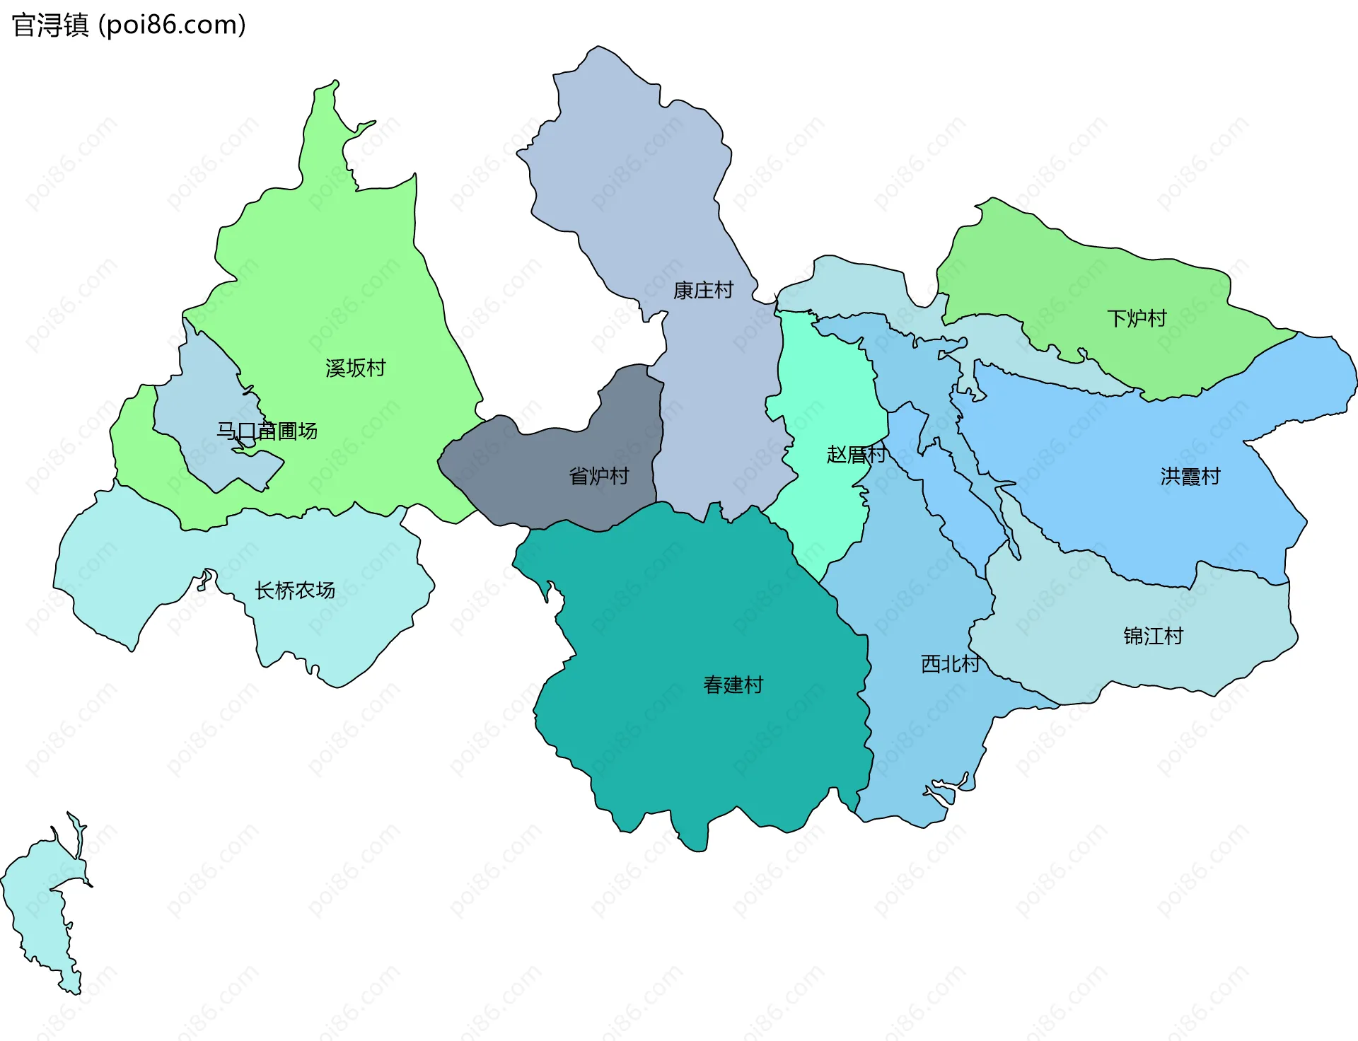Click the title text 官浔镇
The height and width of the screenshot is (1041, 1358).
[50, 25]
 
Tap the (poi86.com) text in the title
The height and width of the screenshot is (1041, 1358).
[172, 25]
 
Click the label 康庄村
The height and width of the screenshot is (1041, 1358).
[703, 291]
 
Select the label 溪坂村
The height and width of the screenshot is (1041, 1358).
[355, 368]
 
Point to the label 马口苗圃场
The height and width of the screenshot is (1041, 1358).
[267, 431]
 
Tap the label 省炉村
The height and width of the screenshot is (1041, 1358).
[598, 477]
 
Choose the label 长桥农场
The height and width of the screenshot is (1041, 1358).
[294, 591]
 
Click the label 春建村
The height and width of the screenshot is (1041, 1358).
[733, 685]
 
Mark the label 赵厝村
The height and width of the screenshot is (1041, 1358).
[856, 455]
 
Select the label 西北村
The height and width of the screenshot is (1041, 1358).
[950, 664]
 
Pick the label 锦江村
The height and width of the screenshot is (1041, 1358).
[1153, 636]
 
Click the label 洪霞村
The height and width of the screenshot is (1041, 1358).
[1190, 477]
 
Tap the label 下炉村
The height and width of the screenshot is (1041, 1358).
[1136, 319]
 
